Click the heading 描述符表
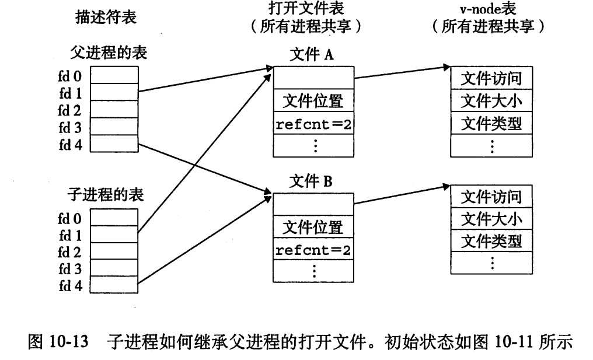point(106,18)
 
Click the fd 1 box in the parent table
point(114,92)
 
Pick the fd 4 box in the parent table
point(114,143)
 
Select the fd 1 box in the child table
point(114,235)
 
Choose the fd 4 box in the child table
point(114,285)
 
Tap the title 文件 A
point(312,55)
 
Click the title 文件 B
point(312,181)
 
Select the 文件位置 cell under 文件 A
point(313,102)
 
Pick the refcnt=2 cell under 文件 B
point(313,251)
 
